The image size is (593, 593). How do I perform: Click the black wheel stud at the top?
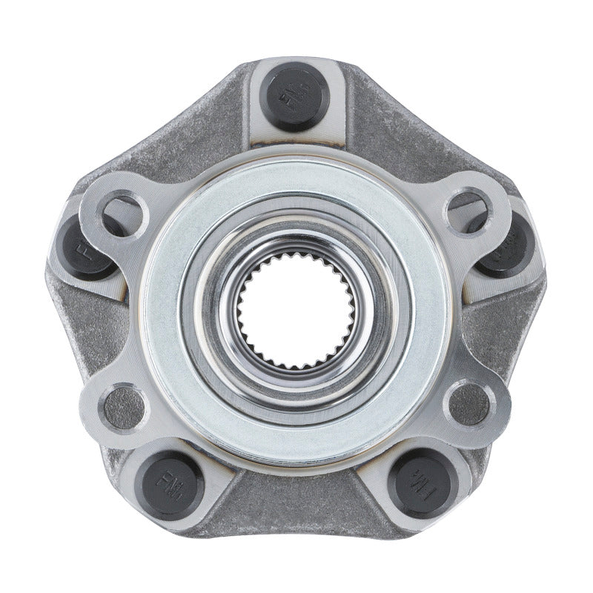click(x=297, y=96)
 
